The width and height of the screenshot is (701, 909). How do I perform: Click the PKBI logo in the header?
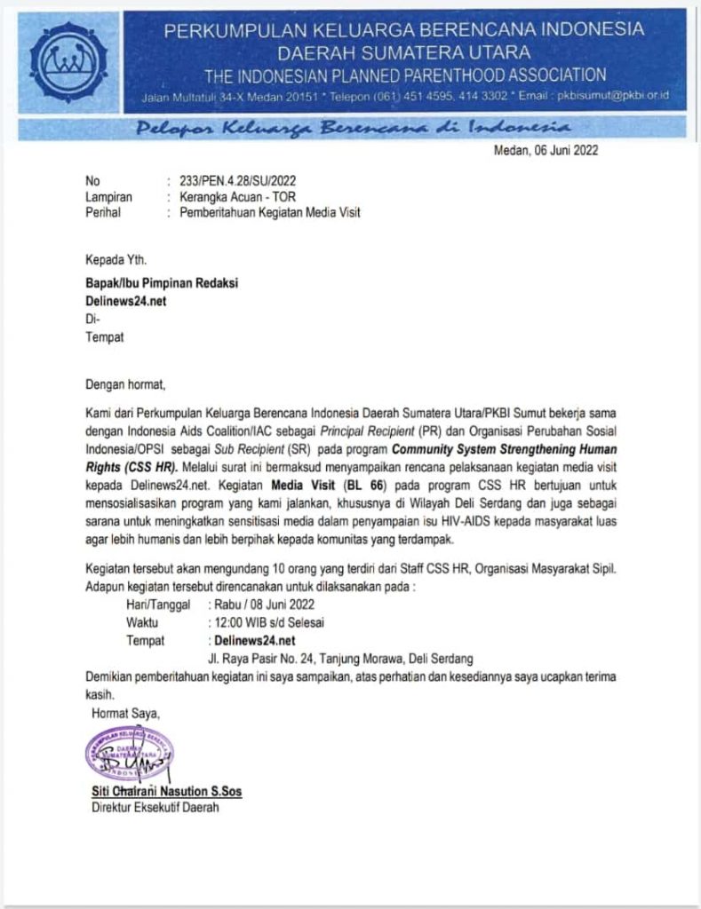[68, 61]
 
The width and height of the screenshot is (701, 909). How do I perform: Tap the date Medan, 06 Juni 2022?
[546, 150]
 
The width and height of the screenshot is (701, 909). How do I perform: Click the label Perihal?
[102, 212]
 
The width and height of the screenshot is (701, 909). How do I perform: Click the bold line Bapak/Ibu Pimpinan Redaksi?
[162, 283]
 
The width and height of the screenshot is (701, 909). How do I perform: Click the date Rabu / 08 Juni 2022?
[264, 605]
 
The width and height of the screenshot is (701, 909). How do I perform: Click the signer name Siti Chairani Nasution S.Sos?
[166, 791]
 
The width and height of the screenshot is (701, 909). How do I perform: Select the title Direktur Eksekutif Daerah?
[155, 808]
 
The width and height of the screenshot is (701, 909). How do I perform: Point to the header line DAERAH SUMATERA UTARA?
[404, 51]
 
